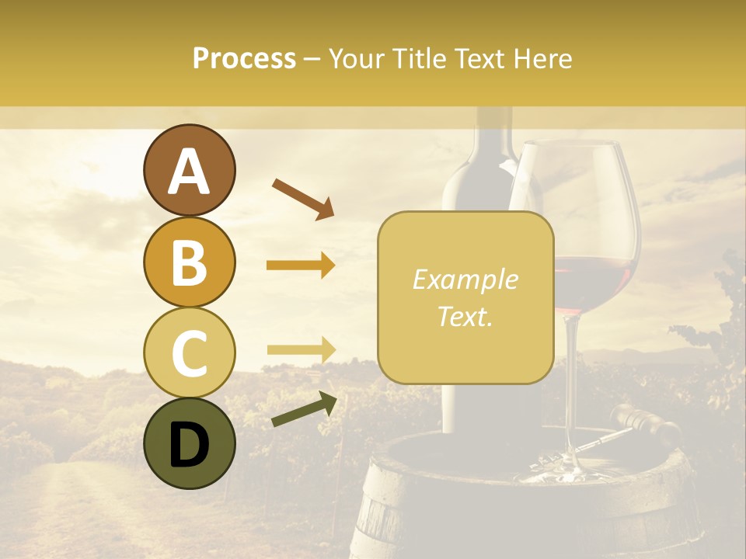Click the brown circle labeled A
[x=189, y=171]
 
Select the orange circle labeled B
[x=189, y=262]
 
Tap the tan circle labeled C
[x=189, y=352]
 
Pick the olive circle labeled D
[x=189, y=443]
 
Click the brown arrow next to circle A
[x=302, y=198]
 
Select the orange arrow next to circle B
[x=301, y=266]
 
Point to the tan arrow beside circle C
[x=301, y=349]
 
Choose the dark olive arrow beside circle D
[x=304, y=409]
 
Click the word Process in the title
[x=244, y=58]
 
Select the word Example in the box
[x=465, y=279]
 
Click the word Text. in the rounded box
[x=465, y=316]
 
